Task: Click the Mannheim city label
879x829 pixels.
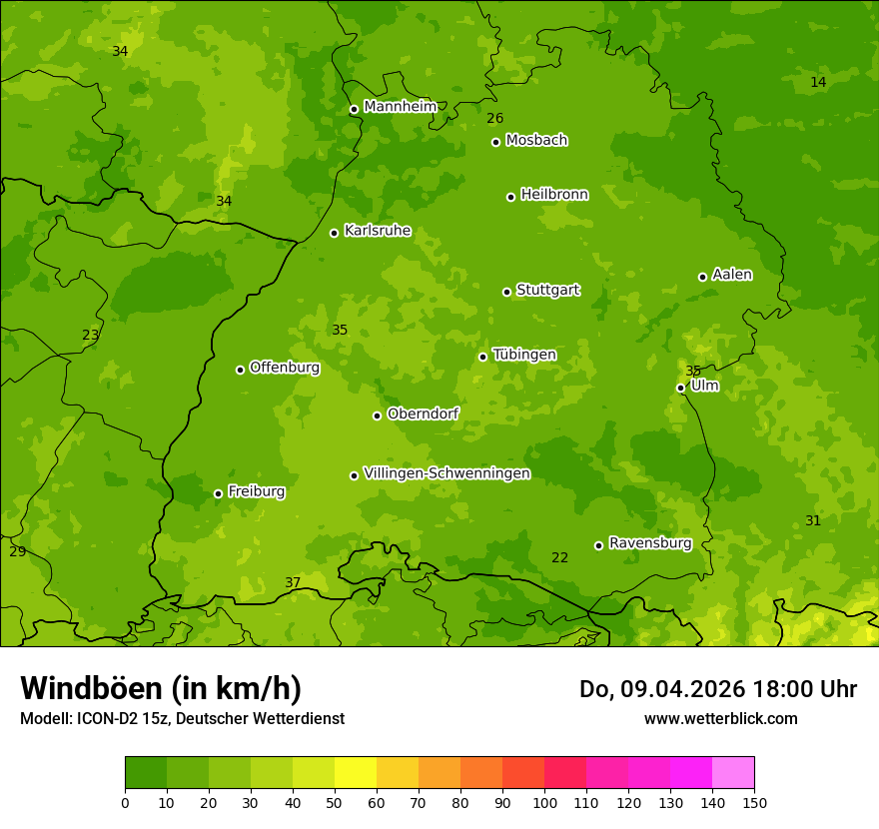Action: click(x=400, y=107)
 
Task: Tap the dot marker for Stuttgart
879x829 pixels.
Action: click(x=506, y=292)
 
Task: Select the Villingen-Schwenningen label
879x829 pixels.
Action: click(x=446, y=473)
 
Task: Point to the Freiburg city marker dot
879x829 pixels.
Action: click(x=218, y=493)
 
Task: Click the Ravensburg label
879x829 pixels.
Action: click(x=650, y=543)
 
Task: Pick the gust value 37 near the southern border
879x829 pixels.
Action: click(x=293, y=582)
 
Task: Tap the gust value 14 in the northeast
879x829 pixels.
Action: click(x=818, y=82)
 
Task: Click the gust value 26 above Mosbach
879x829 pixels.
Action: click(x=494, y=118)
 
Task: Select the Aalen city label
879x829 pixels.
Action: click(x=732, y=275)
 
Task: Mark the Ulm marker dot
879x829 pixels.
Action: click(x=680, y=388)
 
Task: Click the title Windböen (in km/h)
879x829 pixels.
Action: click(x=161, y=688)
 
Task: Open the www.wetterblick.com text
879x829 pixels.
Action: click(x=720, y=718)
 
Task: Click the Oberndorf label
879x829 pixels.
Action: click(x=423, y=414)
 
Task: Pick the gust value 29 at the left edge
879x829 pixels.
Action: click(x=17, y=551)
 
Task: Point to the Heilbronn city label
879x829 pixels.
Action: click(x=554, y=195)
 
